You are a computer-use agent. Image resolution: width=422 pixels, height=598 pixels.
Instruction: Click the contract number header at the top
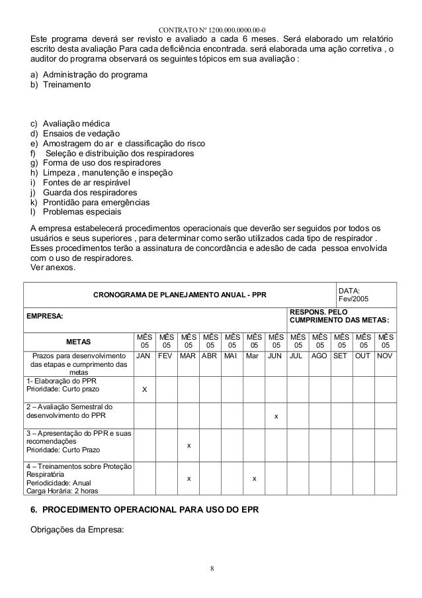click(x=212, y=29)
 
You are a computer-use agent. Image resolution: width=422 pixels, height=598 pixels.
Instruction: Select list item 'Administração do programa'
click(x=95, y=75)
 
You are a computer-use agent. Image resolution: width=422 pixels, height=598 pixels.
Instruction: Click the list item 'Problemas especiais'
click(x=82, y=212)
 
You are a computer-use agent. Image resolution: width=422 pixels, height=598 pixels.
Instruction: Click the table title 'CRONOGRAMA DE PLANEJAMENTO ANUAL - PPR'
click(x=179, y=294)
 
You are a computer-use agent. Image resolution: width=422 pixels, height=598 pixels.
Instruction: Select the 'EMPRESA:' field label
click(x=44, y=317)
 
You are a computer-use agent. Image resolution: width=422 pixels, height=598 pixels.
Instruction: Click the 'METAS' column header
click(x=78, y=342)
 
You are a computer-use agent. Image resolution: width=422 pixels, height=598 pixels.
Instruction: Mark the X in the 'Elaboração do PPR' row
click(x=144, y=390)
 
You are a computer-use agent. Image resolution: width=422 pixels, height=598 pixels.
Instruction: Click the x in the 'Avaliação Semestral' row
click(x=276, y=416)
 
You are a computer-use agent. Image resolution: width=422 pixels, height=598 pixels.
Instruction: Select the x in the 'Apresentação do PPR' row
click(x=189, y=445)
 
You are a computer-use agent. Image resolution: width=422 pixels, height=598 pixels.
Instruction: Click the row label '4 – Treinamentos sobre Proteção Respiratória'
click(x=78, y=468)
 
